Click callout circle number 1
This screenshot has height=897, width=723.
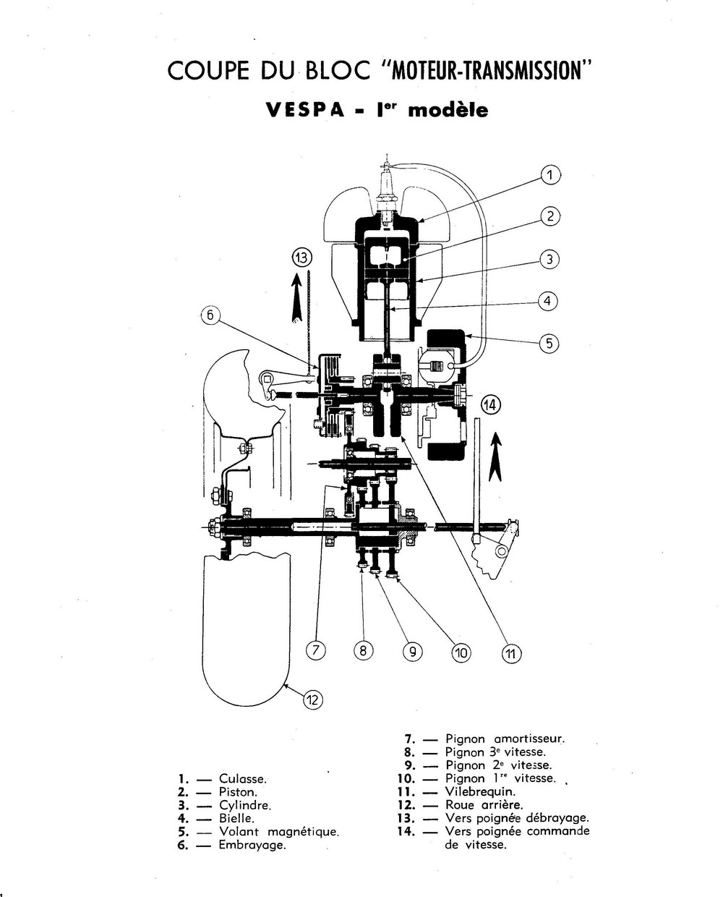549,175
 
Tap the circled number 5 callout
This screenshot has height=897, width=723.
549,343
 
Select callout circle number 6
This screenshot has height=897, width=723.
210,315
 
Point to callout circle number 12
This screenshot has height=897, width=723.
312,700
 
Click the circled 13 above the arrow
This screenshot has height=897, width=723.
301,257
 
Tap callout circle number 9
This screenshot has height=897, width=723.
411,652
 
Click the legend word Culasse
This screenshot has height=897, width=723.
243,779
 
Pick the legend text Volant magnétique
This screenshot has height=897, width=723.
279,832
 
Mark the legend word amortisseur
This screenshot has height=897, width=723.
528,739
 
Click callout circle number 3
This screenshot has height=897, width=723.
549,259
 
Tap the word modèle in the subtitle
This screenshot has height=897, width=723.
448,110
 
